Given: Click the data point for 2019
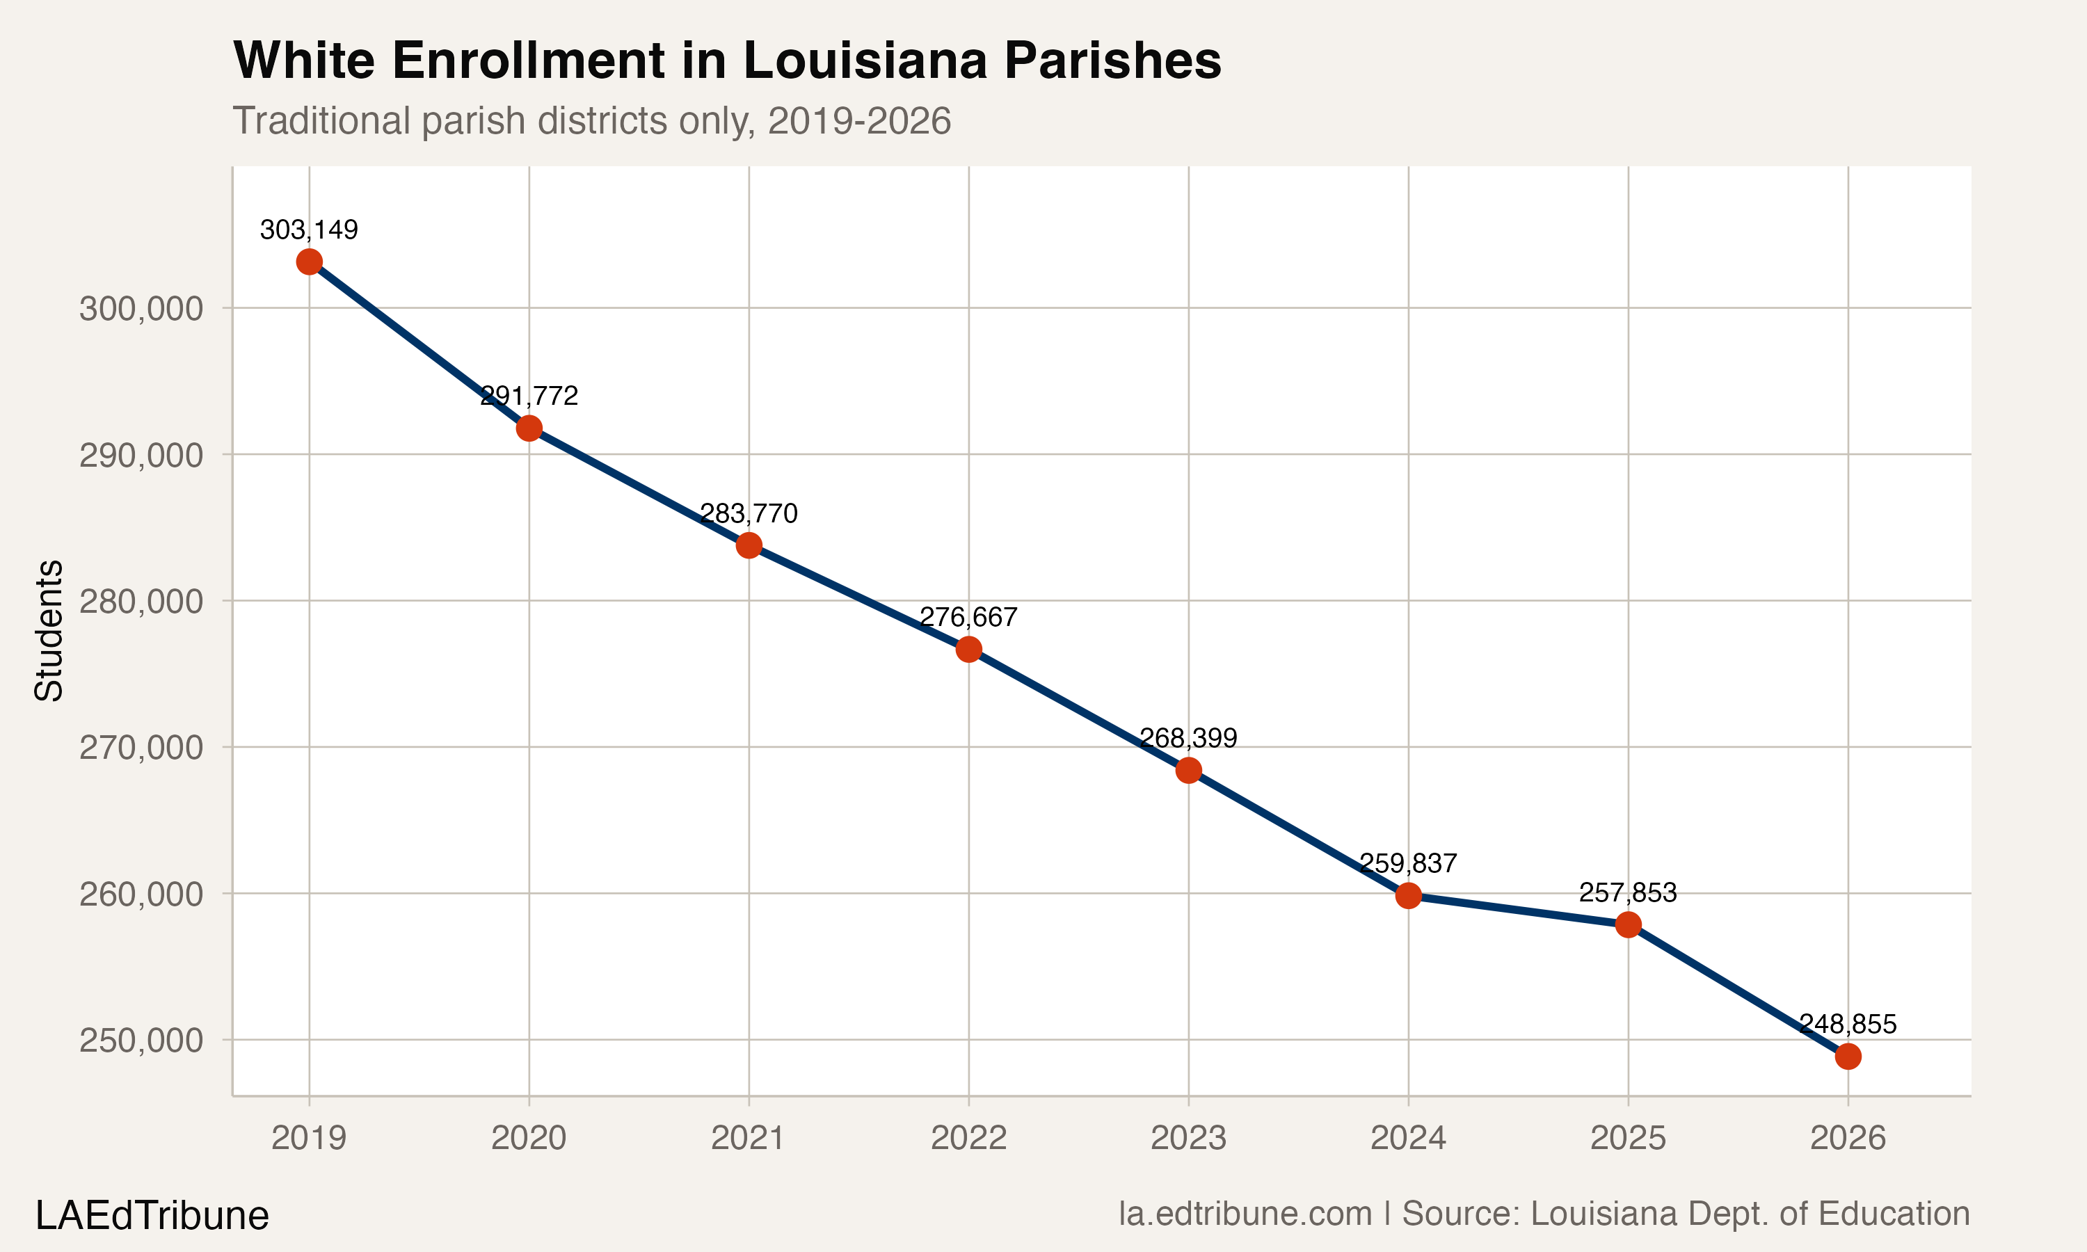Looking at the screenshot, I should (x=309, y=262).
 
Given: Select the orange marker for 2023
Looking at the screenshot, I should (x=1189, y=770).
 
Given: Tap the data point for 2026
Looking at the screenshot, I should (x=1848, y=1057).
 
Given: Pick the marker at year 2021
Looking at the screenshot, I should (x=749, y=546).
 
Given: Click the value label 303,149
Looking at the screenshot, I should (x=309, y=230).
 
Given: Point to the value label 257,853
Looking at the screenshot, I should (x=1627, y=892).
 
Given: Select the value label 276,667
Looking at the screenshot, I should (x=968, y=618).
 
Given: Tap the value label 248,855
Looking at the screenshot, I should (x=1848, y=1025).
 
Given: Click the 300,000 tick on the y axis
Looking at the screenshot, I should (x=141, y=309).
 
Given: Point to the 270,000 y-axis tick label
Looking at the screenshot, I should (x=141, y=748).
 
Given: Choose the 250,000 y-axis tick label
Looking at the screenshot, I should (x=141, y=1041).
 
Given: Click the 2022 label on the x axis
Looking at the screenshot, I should (x=968, y=1138).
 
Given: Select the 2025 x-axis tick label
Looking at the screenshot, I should (x=1627, y=1138).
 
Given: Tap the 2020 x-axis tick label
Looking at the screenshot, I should (x=529, y=1138).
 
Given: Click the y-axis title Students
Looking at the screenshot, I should (x=49, y=630).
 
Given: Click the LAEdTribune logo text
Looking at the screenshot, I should (x=152, y=1216).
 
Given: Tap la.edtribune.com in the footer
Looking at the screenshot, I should (x=1245, y=1214).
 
